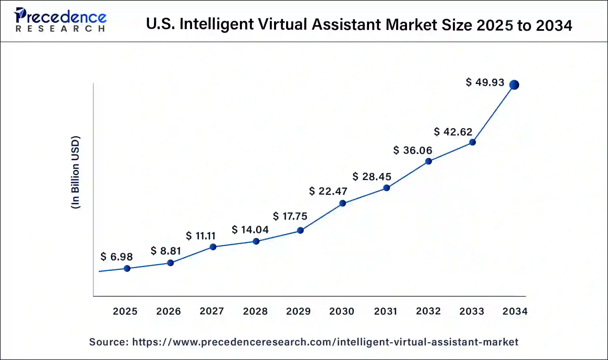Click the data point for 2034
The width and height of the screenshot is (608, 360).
click(514, 85)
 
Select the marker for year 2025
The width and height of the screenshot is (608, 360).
click(127, 268)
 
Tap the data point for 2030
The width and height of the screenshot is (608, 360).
click(342, 203)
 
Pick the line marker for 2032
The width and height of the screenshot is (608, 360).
click(428, 161)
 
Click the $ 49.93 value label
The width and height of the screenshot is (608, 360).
click(485, 82)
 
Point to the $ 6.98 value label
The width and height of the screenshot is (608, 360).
click(116, 257)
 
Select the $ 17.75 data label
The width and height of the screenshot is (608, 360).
click(290, 216)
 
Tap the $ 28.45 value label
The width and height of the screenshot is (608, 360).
click(372, 177)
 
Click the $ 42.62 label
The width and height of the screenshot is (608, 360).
click(453, 132)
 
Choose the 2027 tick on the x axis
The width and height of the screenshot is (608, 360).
click(212, 311)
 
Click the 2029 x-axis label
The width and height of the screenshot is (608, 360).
click(298, 311)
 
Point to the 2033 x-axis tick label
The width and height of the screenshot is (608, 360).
click(472, 311)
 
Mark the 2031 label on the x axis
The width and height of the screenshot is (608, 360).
click(385, 311)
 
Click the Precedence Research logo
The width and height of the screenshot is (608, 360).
click(60, 20)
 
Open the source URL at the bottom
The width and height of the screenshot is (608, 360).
click(325, 342)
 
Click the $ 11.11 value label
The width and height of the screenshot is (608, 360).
click(200, 236)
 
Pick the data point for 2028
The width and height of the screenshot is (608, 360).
click(256, 241)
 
